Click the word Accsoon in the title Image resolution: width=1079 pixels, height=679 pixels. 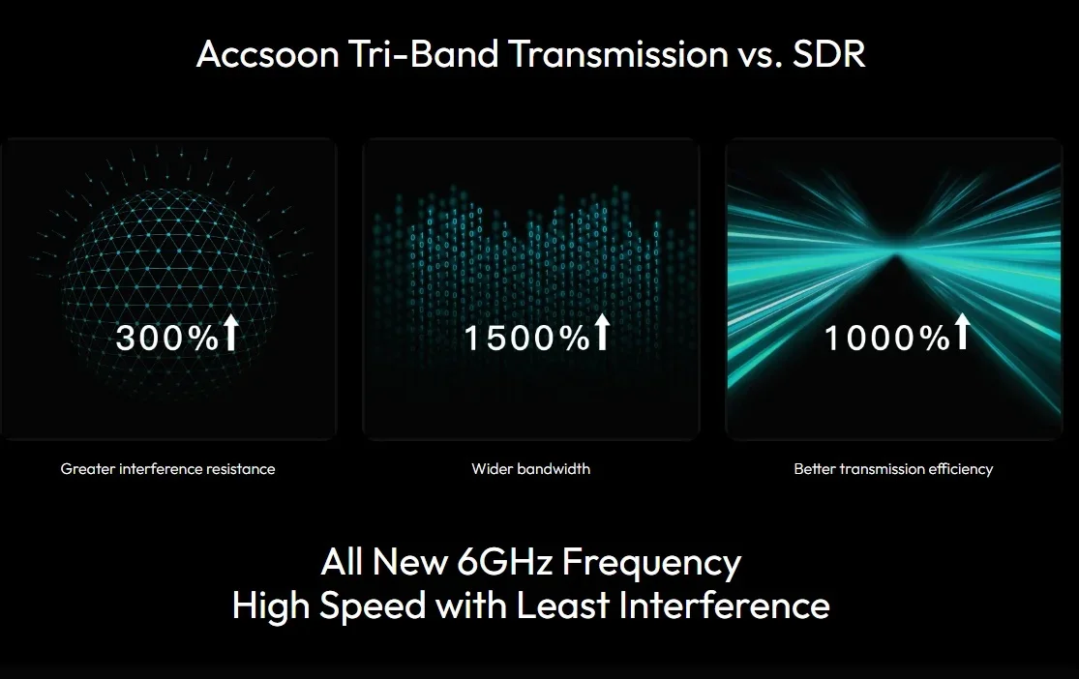point(268,54)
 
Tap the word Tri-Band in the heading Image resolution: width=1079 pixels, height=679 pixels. point(423,53)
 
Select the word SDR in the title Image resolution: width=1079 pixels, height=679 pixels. point(828,53)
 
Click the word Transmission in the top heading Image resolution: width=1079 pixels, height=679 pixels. point(619,53)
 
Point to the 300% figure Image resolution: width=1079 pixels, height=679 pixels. point(167,338)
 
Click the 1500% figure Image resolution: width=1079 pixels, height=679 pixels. point(527,338)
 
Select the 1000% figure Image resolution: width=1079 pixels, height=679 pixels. point(887,338)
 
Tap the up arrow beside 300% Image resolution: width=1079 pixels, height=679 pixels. point(231,333)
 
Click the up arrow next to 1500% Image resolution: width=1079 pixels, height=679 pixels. point(602,332)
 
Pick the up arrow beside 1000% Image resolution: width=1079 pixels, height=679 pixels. point(962,332)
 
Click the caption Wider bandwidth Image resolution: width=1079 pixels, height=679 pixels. point(530,469)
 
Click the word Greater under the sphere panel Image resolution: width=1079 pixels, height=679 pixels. point(87,469)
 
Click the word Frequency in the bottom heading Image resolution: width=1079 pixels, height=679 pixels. point(652,564)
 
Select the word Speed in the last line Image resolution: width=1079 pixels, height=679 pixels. point(373,606)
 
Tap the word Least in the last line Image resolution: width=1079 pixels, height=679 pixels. point(563,605)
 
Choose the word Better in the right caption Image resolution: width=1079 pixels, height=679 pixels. point(814,469)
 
